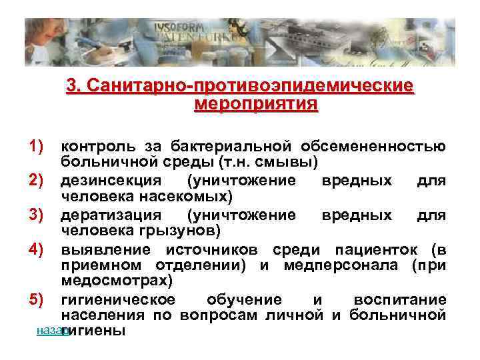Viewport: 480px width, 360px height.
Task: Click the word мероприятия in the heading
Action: (256, 105)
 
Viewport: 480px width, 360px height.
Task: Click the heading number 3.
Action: (73, 87)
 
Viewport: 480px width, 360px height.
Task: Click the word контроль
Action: (98, 146)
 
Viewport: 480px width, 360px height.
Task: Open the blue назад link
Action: (48, 331)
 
